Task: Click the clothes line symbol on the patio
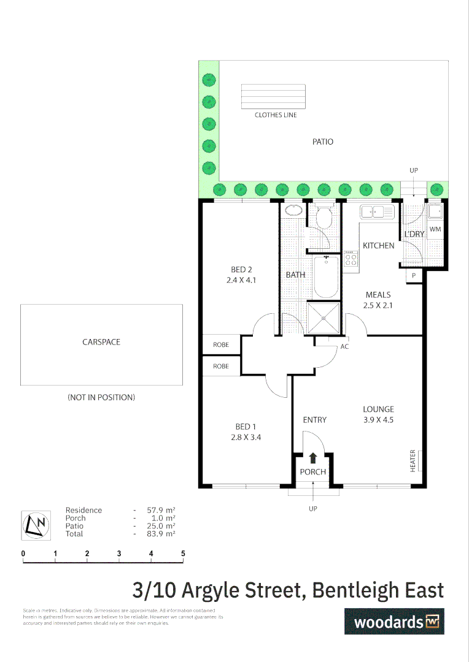point(273,96)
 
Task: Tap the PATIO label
point(323,142)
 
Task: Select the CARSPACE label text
point(101,342)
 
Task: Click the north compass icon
point(36,525)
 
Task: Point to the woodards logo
point(393,621)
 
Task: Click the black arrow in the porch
point(313,457)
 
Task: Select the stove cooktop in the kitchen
point(351,258)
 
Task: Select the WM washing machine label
point(435,229)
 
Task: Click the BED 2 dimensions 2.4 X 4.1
point(242,280)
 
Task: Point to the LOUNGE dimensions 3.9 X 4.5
point(378,420)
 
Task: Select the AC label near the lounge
point(345,346)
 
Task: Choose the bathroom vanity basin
point(294,210)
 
